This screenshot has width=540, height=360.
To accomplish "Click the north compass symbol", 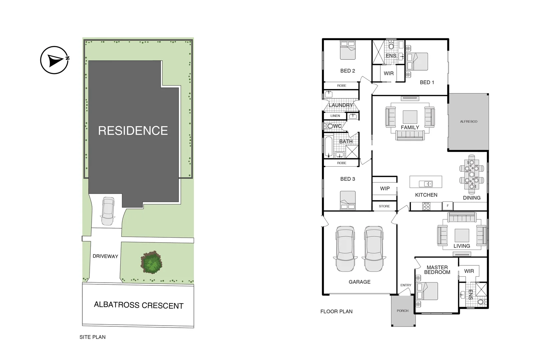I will (54, 60).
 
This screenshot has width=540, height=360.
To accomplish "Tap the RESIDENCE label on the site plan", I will (133, 131).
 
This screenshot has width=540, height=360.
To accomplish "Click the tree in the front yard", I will (152, 262).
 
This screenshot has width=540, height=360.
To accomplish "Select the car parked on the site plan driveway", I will (108, 211).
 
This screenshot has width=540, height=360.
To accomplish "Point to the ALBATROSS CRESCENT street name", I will (139, 305).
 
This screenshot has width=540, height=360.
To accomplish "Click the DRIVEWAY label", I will (105, 256).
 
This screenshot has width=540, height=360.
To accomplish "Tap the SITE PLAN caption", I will (92, 337).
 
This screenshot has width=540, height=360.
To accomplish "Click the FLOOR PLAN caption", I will (336, 311).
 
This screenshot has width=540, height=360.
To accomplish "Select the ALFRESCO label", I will (468, 122).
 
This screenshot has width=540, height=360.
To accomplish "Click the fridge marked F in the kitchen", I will (447, 206).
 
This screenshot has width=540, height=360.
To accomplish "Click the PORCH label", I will (402, 311).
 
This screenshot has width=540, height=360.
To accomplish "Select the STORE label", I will (384, 206).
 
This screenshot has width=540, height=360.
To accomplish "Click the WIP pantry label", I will (385, 188).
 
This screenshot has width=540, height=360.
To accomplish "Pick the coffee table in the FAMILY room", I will (410, 117).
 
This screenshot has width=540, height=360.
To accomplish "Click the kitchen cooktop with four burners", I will (426, 206).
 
